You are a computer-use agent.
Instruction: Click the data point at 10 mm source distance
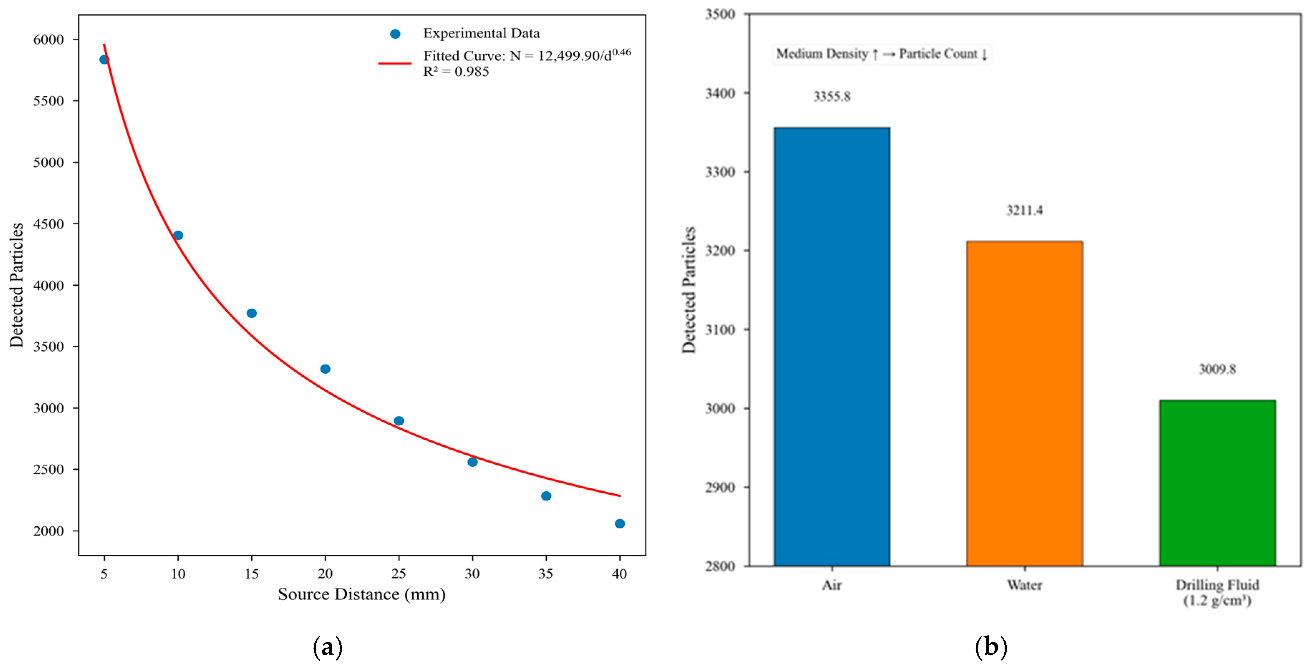(x=178, y=235)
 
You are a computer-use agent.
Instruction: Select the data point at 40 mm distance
(x=620, y=523)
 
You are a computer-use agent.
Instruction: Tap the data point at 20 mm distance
(x=325, y=369)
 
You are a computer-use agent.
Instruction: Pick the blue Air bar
(x=832, y=346)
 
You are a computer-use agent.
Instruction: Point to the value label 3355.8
(x=832, y=97)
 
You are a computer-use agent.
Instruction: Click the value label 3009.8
(x=1217, y=369)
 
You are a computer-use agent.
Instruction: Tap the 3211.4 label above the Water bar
(x=1024, y=210)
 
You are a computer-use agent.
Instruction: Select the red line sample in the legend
(x=394, y=64)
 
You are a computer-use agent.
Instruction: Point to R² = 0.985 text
(x=456, y=72)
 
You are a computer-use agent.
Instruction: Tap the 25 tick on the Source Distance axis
(x=398, y=574)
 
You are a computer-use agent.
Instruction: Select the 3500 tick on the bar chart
(x=720, y=14)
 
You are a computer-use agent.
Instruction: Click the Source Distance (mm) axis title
(x=361, y=594)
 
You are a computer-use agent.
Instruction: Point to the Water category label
(x=1024, y=585)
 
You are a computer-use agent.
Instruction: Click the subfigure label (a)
(x=327, y=647)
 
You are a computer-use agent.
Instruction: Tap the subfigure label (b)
(x=990, y=647)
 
